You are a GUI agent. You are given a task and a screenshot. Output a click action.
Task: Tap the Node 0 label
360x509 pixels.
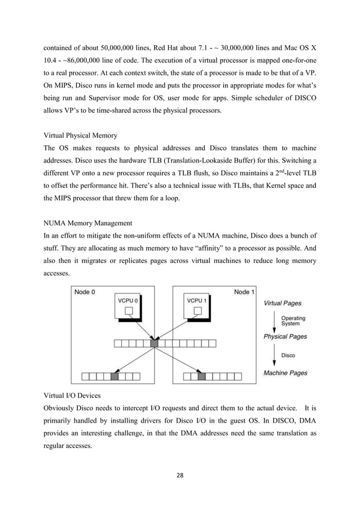click(83, 292)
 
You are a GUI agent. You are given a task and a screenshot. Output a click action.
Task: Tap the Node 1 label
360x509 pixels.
click(244, 292)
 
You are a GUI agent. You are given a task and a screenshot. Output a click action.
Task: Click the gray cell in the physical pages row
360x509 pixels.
click(155, 343)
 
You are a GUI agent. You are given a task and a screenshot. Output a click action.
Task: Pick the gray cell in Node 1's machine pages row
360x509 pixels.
click(202, 376)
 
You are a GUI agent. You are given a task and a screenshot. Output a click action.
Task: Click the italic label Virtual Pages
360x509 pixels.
click(283, 303)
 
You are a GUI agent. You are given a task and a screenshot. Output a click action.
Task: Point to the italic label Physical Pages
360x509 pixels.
click(286, 337)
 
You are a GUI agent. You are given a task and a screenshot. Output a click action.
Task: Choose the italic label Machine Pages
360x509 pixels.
click(285, 373)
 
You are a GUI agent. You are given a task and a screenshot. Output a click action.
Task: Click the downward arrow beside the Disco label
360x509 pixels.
click(274, 355)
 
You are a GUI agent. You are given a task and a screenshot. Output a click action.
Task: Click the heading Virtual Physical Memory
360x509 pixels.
click(81, 135)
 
